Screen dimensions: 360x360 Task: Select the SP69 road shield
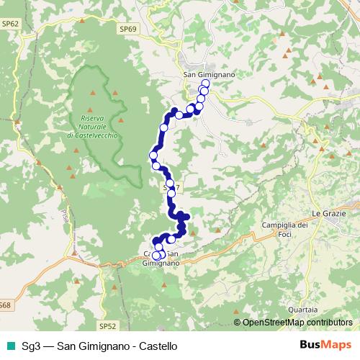tap(129, 28)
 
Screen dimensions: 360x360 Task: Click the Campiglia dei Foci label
tap(284, 229)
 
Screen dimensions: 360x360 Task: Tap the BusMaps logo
tap(325, 346)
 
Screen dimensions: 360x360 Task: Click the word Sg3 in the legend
tap(31, 346)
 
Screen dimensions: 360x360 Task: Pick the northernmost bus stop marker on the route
tap(205, 84)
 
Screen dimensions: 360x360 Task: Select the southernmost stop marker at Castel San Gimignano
tap(156, 255)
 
